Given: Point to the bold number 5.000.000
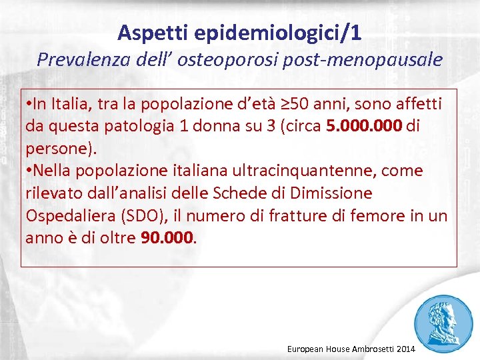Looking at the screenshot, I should pos(364,126).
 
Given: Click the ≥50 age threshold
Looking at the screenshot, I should pos(292,104).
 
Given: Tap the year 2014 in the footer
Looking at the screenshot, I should pos(404,349).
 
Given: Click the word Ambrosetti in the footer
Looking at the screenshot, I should pos(368,349).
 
